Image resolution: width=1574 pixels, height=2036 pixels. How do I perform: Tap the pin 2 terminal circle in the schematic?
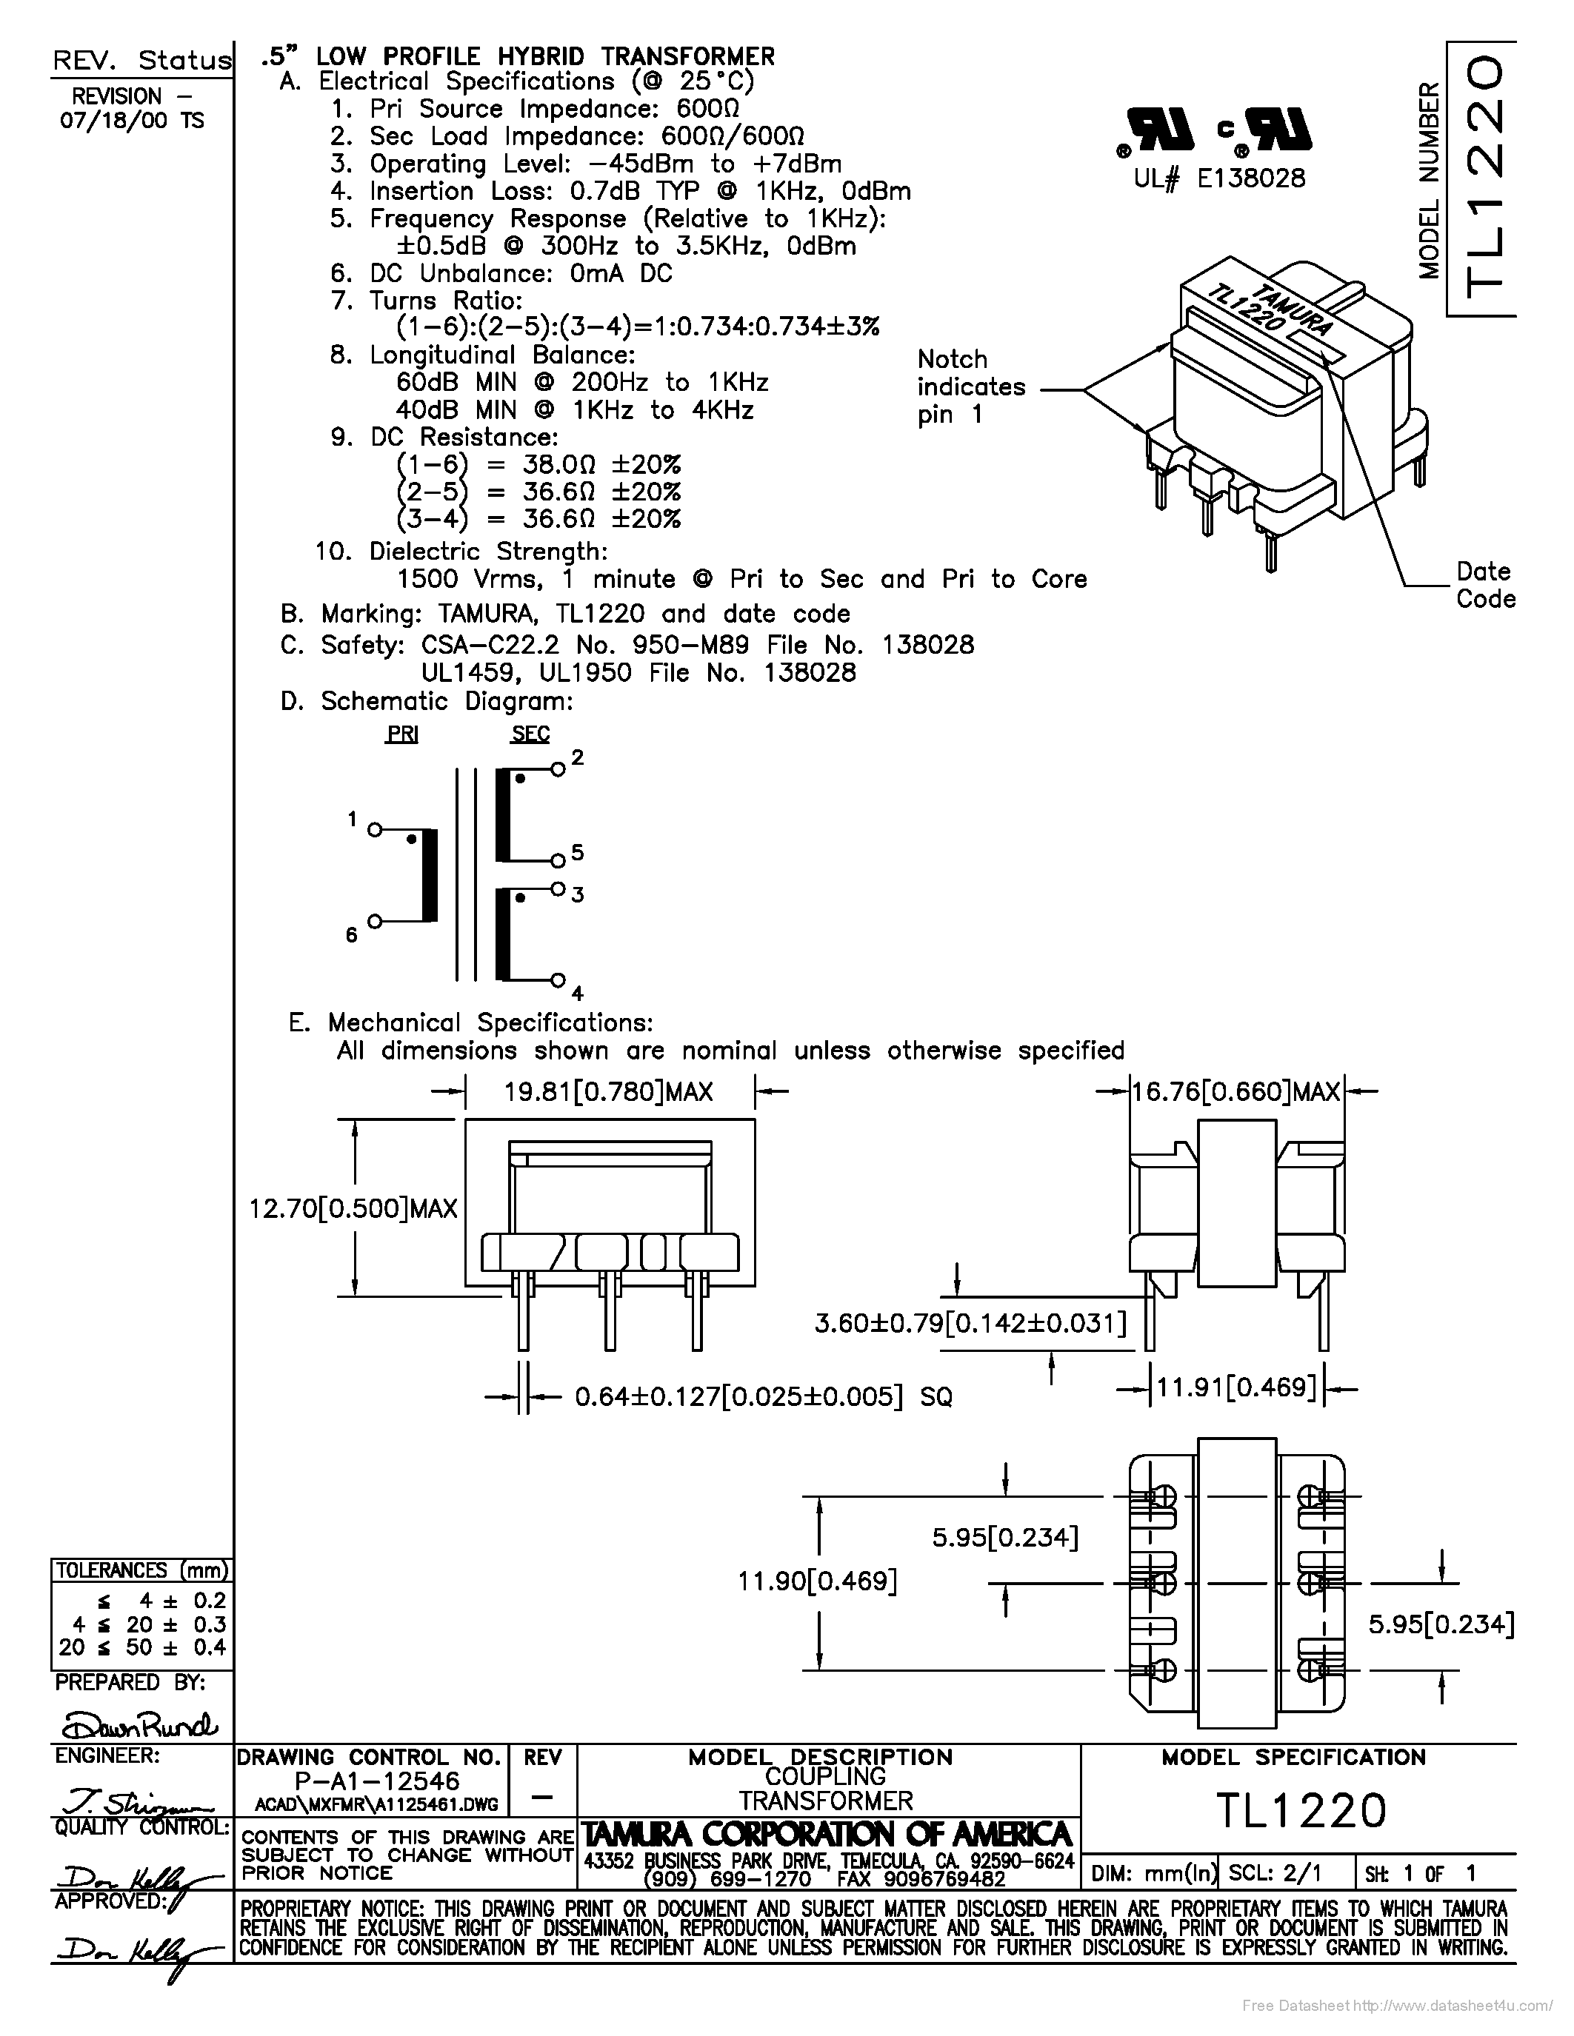coord(558,769)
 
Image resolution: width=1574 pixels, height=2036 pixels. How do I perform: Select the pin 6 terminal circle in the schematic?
coord(374,921)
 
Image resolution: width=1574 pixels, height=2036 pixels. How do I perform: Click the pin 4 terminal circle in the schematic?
coord(558,980)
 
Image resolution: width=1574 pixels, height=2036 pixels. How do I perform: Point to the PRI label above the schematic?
coord(402,734)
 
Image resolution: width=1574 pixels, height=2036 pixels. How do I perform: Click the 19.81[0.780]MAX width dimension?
coord(609,1091)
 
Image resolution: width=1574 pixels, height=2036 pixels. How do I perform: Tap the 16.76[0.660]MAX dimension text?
coord(1236,1091)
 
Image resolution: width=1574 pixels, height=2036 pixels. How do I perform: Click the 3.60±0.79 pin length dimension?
coord(970,1323)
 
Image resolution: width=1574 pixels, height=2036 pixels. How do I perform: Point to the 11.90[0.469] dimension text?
coord(817,1581)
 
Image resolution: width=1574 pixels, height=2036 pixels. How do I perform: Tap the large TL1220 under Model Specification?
coord(1301,1810)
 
